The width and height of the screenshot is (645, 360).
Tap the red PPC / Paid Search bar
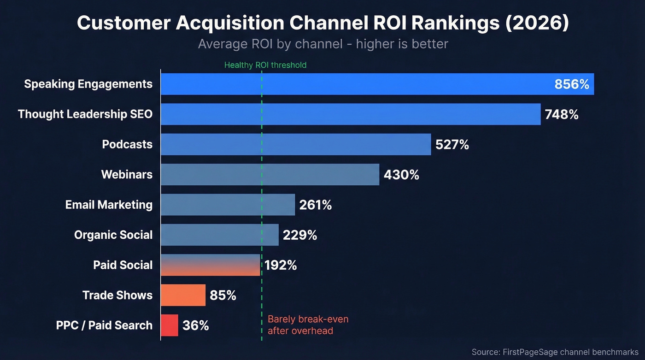coord(170,325)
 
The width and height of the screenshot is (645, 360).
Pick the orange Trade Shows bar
coord(183,295)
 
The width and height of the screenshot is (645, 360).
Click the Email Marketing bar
coord(228,205)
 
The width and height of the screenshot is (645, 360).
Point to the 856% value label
coord(571,84)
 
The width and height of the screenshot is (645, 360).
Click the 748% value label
coord(561,114)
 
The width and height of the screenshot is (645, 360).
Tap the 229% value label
coord(300,235)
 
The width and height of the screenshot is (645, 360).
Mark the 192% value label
coord(281,265)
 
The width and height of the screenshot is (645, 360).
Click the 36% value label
coord(196,325)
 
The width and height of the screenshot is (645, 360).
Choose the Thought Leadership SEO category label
coord(85,114)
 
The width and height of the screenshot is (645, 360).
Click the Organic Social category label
coord(113,235)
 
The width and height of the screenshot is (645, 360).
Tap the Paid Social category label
coord(123,265)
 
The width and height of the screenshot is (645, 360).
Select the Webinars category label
coord(127,175)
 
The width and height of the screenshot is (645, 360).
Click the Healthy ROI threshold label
coord(265,65)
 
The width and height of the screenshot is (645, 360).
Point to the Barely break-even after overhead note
coord(308,325)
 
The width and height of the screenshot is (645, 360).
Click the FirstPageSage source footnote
coord(555,352)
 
